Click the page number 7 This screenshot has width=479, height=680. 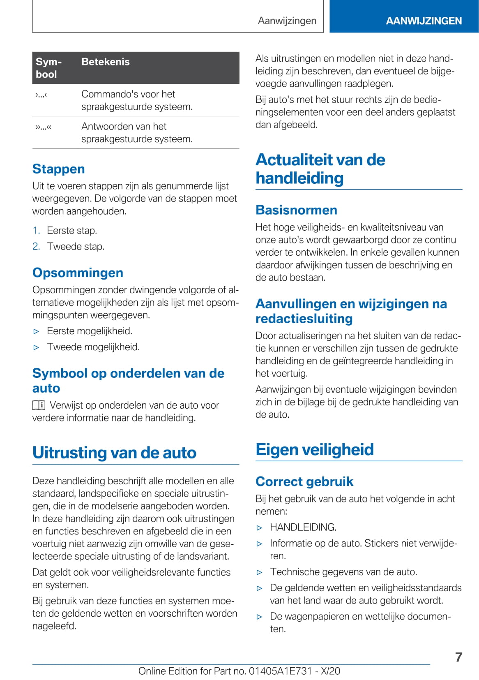tap(458, 657)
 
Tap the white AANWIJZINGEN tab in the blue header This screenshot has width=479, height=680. tap(424, 21)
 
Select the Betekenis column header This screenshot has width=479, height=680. tap(105, 62)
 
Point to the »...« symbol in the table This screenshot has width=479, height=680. tap(43, 127)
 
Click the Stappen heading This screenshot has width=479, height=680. tap(58, 169)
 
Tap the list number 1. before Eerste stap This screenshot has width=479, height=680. tap(36, 231)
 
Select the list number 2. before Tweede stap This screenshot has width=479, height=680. tap(36, 247)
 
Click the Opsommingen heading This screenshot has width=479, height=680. tap(78, 273)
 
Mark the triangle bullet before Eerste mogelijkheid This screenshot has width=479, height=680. tap(36, 331)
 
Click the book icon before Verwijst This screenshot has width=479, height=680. tap(39, 406)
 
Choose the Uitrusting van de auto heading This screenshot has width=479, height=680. tap(114, 452)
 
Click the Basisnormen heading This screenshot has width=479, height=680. tap(296, 210)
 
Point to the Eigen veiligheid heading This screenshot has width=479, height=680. tap(314, 449)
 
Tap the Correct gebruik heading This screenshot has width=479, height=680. tap(304, 481)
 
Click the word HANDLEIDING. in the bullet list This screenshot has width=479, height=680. tap(303, 527)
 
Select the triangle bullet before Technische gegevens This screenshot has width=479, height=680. tap(259, 572)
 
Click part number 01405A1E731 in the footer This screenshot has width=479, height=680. tap(281, 671)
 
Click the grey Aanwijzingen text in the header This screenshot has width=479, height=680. tap(287, 21)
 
